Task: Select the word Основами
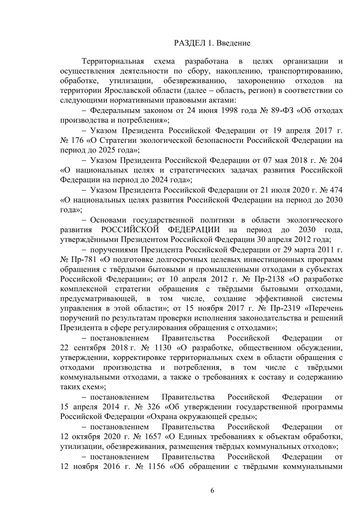pos(106,220)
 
